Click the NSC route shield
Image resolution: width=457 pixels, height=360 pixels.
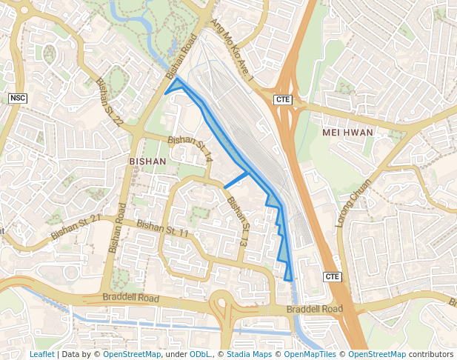click(x=17, y=98)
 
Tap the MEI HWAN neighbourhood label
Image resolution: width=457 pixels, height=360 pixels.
click(x=348, y=132)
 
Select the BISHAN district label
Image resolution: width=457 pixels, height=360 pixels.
click(x=148, y=160)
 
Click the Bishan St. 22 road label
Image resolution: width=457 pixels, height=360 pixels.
click(x=108, y=103)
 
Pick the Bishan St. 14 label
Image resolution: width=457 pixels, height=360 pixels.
click(x=190, y=149)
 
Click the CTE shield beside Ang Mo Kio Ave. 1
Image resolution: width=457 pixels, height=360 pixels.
click(x=282, y=99)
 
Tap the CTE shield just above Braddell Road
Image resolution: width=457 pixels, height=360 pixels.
click(x=333, y=276)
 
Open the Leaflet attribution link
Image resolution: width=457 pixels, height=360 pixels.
click(x=42, y=354)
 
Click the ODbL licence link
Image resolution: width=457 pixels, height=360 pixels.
click(x=199, y=354)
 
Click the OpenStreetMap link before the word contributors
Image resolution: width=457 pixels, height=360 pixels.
click(x=377, y=354)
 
